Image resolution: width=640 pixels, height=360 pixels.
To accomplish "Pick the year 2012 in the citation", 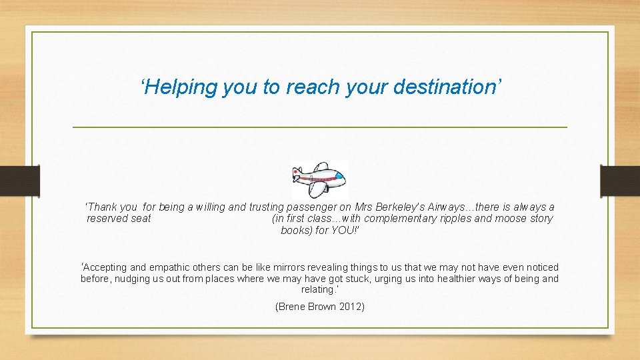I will pos(351,307).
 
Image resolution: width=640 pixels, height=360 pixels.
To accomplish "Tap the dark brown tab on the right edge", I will pos(619,181).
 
